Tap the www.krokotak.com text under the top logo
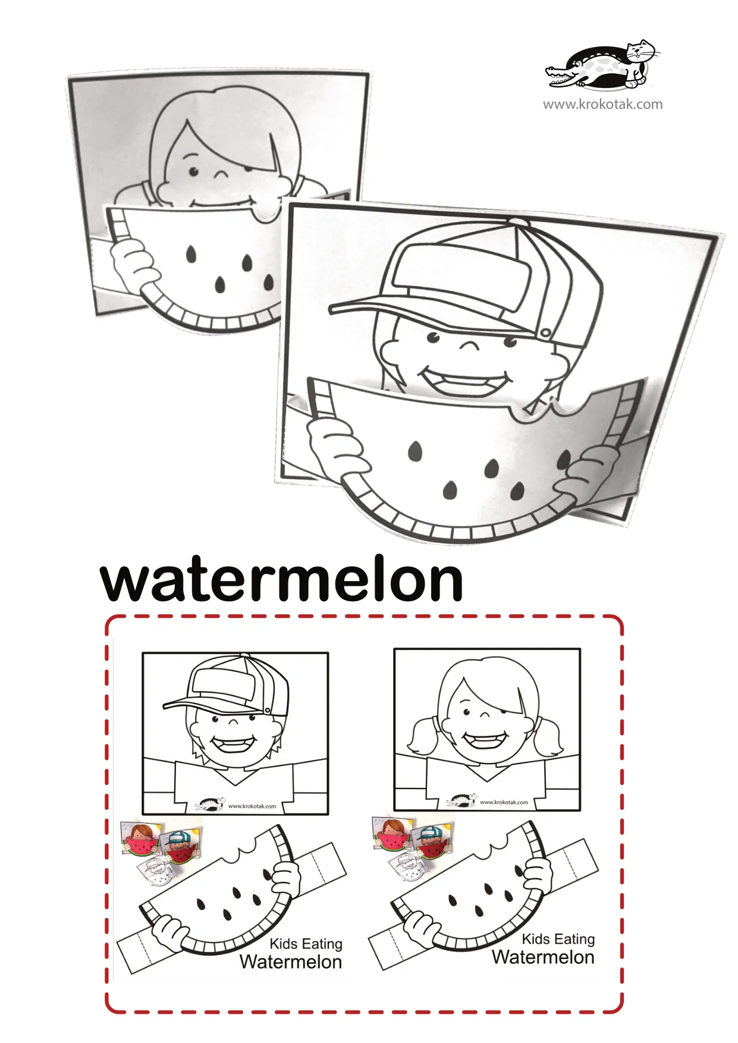[602, 105]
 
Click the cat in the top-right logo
[640, 60]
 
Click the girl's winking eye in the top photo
[221, 174]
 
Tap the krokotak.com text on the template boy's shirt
[252, 806]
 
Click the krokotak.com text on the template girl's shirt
[504, 802]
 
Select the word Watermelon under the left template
[291, 962]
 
